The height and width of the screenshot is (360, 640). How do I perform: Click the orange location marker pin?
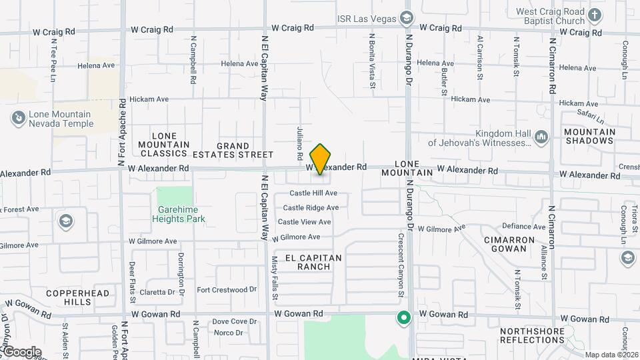coord(321,159)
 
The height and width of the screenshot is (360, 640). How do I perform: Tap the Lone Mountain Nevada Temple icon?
coord(18,119)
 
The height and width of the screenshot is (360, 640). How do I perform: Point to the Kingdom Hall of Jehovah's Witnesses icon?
coord(541,137)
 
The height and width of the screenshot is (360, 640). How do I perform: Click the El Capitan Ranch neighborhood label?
coord(313,262)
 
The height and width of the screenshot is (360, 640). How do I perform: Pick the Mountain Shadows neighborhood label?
coord(589,136)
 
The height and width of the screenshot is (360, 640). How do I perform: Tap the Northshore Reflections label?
coord(532,335)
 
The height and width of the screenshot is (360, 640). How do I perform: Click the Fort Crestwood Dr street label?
coord(227,289)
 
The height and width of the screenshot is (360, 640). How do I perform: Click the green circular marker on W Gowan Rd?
coord(403,317)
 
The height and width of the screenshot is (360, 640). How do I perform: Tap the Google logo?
coord(22,352)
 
